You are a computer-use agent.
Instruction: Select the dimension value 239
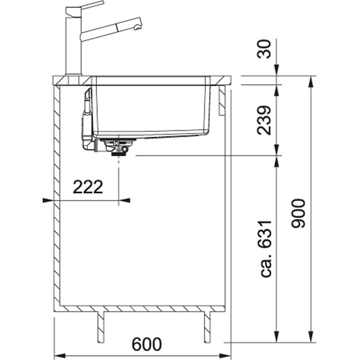(x=264, y=120)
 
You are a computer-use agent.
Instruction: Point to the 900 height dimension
(x=298, y=214)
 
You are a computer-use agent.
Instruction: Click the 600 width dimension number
(x=147, y=344)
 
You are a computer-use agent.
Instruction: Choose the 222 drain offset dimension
(x=88, y=187)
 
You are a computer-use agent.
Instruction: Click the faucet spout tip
(x=137, y=28)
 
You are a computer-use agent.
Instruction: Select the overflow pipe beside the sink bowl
(x=87, y=119)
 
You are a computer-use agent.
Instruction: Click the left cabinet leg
(x=101, y=327)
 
